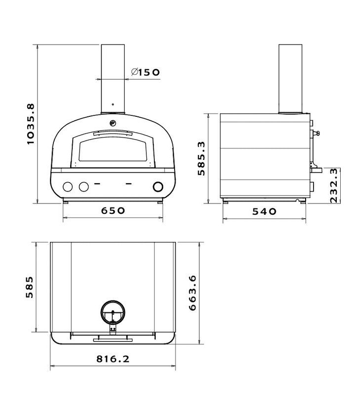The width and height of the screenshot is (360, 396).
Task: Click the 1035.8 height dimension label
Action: pos(30,124)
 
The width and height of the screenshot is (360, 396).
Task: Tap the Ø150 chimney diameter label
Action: pos(145,72)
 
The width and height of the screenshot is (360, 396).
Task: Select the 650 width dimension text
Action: pos(113,210)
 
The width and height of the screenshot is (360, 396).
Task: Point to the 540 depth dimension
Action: pos(264,211)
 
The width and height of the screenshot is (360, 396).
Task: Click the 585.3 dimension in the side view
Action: pos(202,158)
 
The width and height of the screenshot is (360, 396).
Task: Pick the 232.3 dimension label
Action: pos(334,185)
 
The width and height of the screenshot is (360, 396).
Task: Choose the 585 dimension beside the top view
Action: pos(30,287)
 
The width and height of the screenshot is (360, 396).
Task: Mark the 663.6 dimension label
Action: pos(192,293)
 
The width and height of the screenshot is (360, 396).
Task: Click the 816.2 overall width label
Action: pos(113,358)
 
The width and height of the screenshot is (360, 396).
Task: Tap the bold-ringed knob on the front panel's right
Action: pos(158,187)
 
